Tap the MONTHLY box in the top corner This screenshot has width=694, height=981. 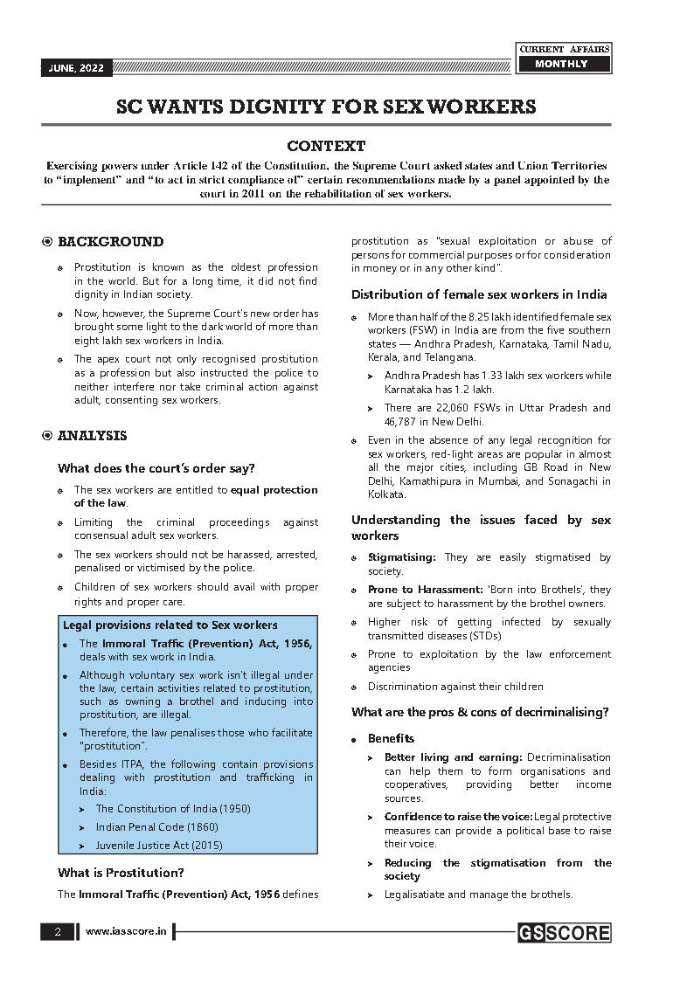[561, 64]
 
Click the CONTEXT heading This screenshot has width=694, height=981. [326, 146]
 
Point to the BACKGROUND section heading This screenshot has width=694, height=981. [110, 242]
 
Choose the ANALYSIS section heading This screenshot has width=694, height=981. [92, 436]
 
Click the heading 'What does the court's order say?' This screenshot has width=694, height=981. [156, 468]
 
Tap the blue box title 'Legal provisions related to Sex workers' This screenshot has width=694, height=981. [170, 625]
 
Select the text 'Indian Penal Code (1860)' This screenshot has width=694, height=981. [156, 826]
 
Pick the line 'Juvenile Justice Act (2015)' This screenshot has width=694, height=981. [159, 845]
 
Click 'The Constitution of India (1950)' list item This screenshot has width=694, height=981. [172, 809]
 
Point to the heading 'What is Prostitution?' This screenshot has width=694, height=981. [121, 872]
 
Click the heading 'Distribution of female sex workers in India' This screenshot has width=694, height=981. [479, 294]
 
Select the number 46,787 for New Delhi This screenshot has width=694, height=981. [404, 421]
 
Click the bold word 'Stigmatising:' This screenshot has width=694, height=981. [401, 557]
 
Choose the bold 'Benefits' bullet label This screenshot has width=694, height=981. [391, 738]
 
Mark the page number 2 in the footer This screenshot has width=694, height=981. [58, 932]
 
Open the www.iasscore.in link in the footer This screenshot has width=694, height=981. [126, 932]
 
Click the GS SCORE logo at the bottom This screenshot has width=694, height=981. [563, 932]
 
